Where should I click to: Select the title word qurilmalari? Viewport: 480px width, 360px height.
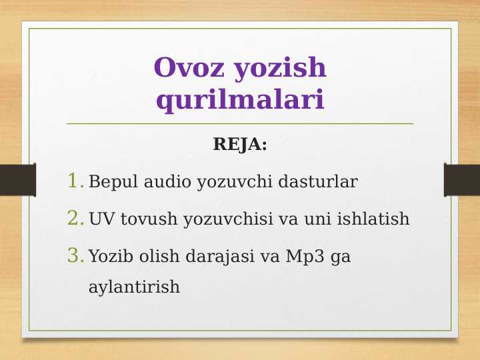point(240,100)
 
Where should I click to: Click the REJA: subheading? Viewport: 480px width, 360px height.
point(240,144)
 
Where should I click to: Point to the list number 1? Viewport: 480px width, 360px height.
point(75,181)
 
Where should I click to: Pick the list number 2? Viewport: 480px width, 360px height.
point(75,218)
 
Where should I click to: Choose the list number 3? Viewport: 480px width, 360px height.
point(75,255)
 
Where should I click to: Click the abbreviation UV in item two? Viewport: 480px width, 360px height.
point(101,219)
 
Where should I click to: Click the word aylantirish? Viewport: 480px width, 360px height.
point(134,287)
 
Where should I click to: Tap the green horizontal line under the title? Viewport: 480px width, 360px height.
point(240,123)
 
